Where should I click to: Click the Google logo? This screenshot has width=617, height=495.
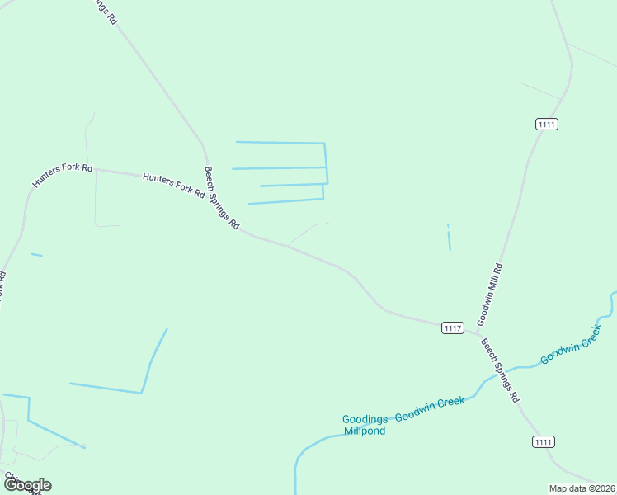(x=27, y=485)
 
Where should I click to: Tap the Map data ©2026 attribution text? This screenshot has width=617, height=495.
(x=582, y=488)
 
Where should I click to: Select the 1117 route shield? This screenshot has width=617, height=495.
(x=452, y=328)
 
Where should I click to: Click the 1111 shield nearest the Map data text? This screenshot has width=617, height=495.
(x=542, y=442)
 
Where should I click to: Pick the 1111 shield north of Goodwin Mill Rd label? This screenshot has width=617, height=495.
(x=547, y=124)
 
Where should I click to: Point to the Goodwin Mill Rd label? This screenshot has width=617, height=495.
(x=489, y=293)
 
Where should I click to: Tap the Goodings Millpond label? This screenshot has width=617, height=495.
(x=365, y=425)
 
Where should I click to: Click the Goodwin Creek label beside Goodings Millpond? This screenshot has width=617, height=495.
(x=430, y=409)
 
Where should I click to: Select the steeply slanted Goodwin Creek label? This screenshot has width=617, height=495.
(x=570, y=345)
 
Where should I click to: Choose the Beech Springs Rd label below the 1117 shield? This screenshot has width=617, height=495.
(x=500, y=370)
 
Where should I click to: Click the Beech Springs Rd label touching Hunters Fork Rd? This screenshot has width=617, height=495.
(x=221, y=198)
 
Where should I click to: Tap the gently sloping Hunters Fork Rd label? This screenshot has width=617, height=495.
(x=173, y=184)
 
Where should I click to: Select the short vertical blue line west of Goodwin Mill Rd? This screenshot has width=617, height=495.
(x=449, y=238)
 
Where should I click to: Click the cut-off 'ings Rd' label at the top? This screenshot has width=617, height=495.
(x=102, y=11)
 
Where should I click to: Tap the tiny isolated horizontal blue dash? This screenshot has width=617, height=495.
(x=36, y=255)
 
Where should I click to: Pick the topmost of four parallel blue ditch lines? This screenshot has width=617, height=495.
(x=280, y=143)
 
